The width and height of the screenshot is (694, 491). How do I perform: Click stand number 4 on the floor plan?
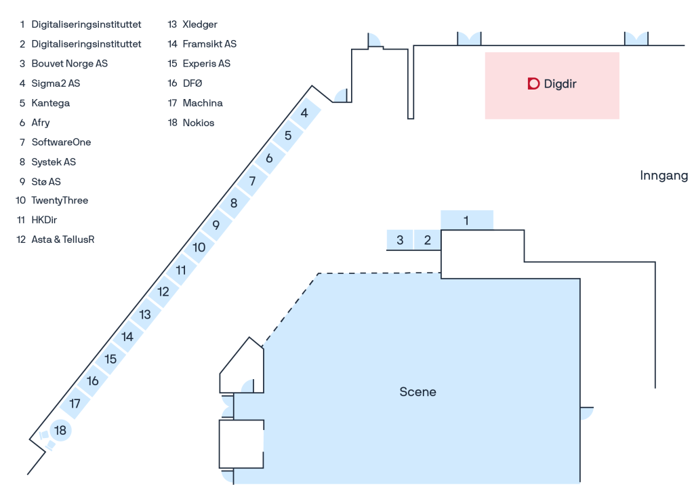click(x=304, y=113)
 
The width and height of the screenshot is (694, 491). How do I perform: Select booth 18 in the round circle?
click(x=60, y=431)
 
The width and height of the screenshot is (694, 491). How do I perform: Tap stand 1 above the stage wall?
click(x=466, y=220)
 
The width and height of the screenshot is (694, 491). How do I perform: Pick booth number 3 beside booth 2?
click(x=400, y=240)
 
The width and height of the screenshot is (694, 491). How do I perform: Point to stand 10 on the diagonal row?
click(x=199, y=248)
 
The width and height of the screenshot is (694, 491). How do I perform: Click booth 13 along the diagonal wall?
click(x=145, y=315)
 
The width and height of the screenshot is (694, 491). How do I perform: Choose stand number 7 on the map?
click(x=252, y=180)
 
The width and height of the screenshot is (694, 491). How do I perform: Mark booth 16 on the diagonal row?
click(x=92, y=380)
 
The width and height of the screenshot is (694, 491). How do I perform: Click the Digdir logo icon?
click(x=534, y=83)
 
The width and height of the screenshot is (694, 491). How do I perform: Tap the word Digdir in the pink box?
click(x=560, y=83)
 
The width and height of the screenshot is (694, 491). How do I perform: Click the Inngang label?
click(x=664, y=176)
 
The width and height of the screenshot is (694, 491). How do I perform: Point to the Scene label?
click(x=417, y=392)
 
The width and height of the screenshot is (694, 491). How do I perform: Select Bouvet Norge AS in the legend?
click(x=70, y=64)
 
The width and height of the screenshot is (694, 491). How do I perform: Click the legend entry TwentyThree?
click(x=60, y=201)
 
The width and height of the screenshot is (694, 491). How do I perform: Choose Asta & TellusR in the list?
click(x=63, y=239)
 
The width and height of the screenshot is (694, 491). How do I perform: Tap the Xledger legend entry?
click(x=200, y=24)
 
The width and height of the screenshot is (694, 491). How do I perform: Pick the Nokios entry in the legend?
click(x=199, y=123)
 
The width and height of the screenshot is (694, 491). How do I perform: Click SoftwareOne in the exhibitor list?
click(x=61, y=142)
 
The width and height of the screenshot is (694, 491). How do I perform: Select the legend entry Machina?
click(x=203, y=103)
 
